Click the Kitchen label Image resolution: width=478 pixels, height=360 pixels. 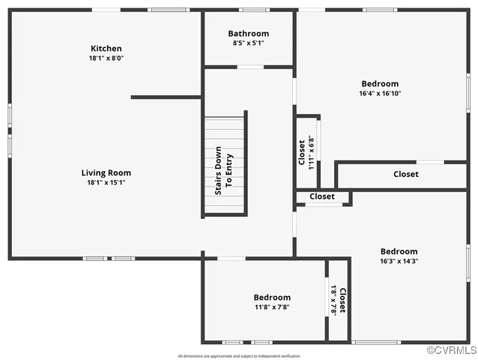point(106,49)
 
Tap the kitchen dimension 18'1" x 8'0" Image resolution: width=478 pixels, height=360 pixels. point(106,58)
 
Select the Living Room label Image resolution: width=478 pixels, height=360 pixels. point(106,172)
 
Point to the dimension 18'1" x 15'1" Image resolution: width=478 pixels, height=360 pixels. point(106,182)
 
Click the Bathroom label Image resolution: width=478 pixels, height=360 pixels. point(249,34)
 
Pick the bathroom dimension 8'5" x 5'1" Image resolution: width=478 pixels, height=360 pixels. point(249,43)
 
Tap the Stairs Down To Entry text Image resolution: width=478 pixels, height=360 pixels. point(224,169)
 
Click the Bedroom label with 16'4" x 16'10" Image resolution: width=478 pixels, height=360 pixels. point(380,84)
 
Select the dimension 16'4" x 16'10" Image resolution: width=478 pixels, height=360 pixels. point(380,94)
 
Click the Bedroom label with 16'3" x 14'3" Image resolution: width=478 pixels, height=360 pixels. point(399,251)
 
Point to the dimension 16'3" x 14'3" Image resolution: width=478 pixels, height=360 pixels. point(399,261)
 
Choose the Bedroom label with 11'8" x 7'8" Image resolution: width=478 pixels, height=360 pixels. point(271,298)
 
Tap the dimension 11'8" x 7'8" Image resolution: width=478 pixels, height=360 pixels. point(271,307)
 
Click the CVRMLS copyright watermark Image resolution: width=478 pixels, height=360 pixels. point(451,350)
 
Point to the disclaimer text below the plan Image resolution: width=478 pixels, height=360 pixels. point(238,355)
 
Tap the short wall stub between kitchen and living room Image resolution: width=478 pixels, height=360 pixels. point(166,97)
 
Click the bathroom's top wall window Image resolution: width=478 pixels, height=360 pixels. point(254,10)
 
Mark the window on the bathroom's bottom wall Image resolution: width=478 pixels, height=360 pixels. point(250,67)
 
